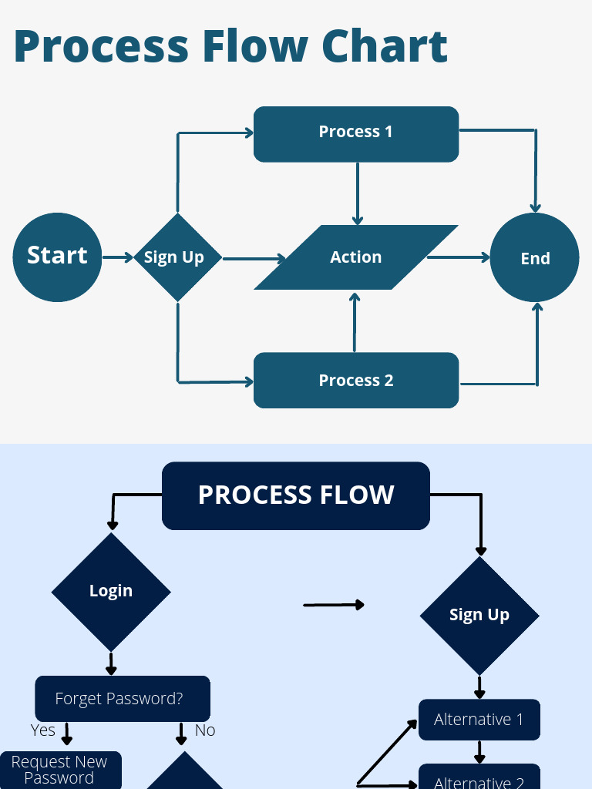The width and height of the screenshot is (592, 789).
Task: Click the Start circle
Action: tap(57, 257)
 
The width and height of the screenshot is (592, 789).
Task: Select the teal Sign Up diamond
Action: tap(177, 257)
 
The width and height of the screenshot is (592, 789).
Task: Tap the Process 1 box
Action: tap(356, 134)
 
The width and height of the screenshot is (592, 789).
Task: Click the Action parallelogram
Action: tap(356, 257)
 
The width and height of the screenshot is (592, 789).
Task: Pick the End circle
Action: tap(535, 257)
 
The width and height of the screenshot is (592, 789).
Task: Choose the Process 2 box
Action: tap(356, 380)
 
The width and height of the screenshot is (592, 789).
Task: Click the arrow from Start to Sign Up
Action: tap(118, 257)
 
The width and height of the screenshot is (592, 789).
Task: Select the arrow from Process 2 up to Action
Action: tap(355, 321)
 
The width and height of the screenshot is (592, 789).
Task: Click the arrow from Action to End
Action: tap(458, 257)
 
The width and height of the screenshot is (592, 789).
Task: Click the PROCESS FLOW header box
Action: tap(296, 495)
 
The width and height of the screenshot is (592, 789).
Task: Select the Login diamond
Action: tap(111, 591)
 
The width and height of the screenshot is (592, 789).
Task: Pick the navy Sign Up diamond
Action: tap(479, 615)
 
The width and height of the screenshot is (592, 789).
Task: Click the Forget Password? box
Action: tap(122, 699)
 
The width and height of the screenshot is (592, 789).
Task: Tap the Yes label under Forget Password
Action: tap(43, 730)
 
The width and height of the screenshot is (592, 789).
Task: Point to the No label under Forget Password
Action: tap(205, 730)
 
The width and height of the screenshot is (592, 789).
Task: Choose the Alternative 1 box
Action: tap(479, 720)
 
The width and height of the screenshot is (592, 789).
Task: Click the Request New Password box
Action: tap(60, 770)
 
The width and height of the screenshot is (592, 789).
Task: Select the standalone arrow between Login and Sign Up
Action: tap(334, 605)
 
